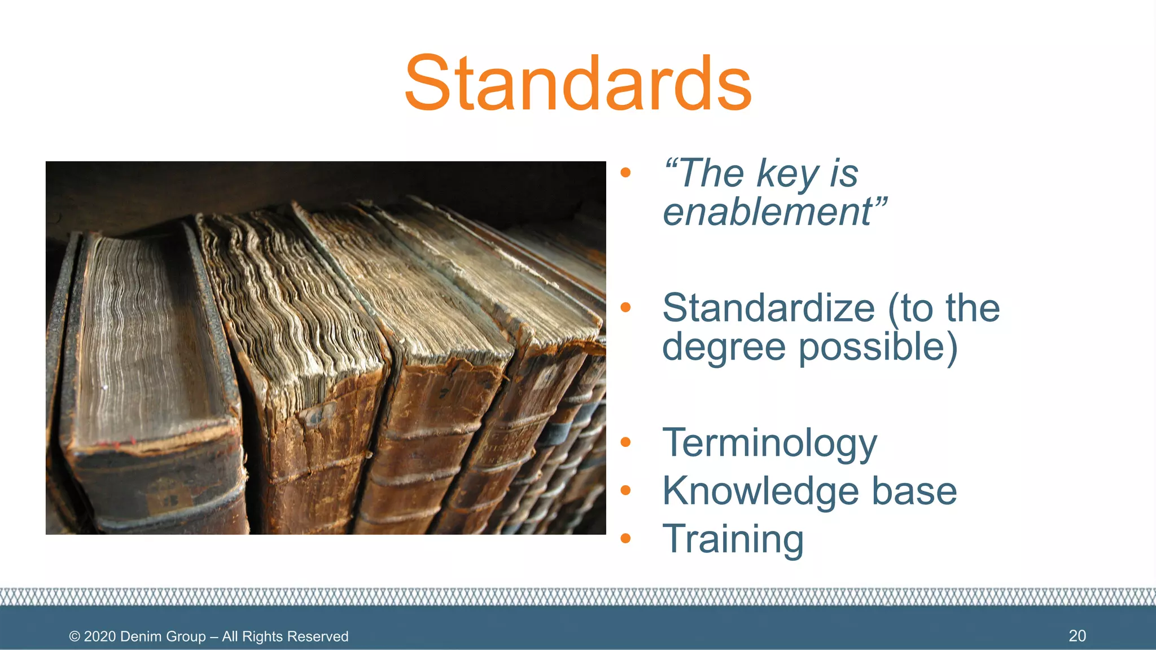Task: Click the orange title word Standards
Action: pos(578,84)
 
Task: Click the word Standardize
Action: pos(768,308)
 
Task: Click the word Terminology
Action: pos(769,443)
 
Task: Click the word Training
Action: pos(733,539)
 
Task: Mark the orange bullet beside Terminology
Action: pos(625,442)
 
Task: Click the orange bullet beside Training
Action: pos(625,539)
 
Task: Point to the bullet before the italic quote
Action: pos(625,173)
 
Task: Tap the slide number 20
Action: pos(1077,636)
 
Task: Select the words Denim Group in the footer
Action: pos(163,636)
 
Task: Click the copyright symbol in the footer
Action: pos(75,636)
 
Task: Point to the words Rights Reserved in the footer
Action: pos(296,636)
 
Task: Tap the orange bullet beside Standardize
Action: pos(625,308)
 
